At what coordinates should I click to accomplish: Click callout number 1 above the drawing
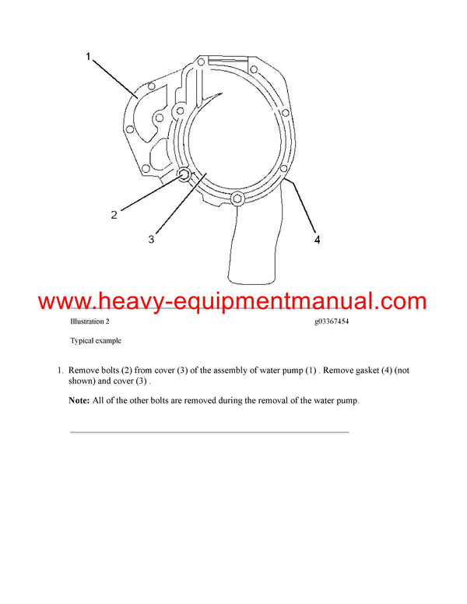click(89, 56)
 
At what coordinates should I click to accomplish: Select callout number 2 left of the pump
click(114, 215)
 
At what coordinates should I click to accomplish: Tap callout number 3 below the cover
click(151, 241)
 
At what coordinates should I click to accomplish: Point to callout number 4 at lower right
click(317, 241)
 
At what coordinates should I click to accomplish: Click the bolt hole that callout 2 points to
click(184, 175)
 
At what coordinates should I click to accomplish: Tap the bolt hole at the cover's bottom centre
click(237, 201)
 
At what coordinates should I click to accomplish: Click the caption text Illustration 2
click(90, 321)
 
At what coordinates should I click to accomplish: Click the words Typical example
click(96, 341)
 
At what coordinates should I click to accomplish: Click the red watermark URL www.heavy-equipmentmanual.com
click(232, 300)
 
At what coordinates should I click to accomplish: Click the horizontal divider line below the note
click(209, 431)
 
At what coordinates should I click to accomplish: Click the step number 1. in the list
click(61, 371)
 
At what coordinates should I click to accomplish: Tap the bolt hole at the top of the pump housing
click(202, 61)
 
